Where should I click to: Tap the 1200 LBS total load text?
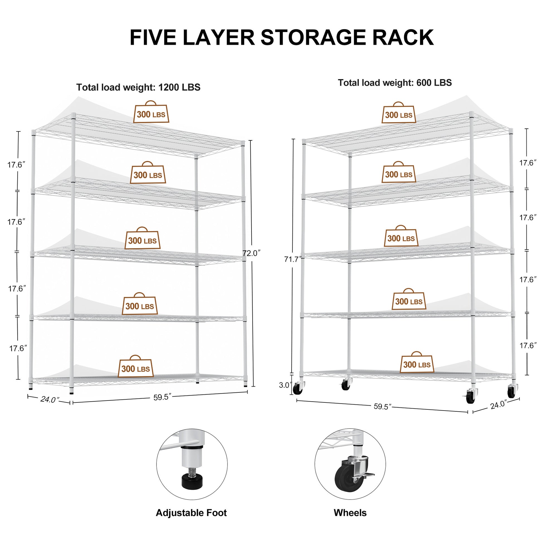pos(179,87)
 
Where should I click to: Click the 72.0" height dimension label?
pos(251,253)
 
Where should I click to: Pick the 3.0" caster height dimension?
pos(285,385)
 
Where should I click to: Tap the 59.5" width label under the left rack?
pos(162,397)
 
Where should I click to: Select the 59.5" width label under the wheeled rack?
pos(382,407)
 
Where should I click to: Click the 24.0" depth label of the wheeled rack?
pos(498,405)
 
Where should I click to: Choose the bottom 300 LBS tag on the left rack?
pos(136,368)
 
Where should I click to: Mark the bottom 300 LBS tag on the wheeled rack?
pos(417,364)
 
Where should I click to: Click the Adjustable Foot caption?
pos(191,513)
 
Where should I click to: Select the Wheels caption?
pos(350,513)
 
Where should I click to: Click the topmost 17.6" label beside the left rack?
pos(16,165)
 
